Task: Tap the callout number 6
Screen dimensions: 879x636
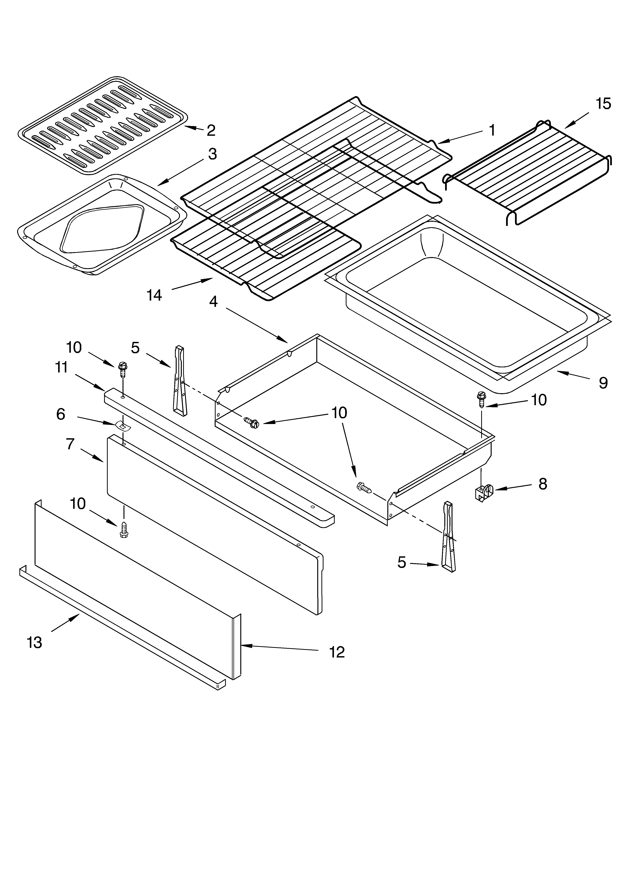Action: [61, 414]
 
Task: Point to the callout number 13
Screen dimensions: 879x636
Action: [34, 643]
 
